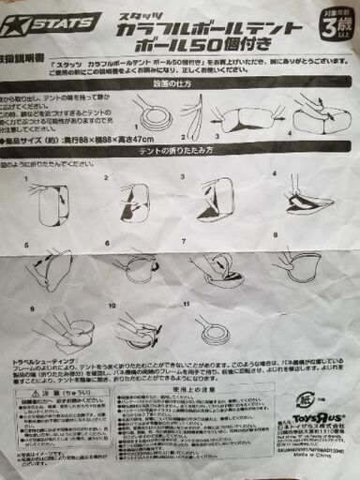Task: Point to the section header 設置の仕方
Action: [222, 83]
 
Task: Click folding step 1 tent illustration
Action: [52, 199]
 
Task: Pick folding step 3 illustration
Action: [216, 198]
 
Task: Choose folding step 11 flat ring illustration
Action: [215, 328]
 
